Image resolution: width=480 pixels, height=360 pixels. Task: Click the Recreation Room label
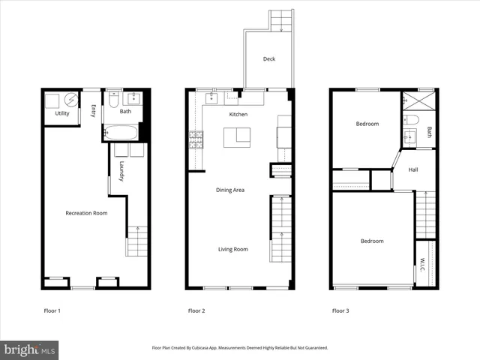86,213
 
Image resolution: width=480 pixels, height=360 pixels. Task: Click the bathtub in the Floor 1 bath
121,133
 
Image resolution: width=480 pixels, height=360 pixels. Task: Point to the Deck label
268,59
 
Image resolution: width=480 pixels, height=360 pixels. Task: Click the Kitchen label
238,114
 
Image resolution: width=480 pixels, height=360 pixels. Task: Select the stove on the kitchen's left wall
196,139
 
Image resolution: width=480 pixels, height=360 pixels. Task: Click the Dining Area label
231,190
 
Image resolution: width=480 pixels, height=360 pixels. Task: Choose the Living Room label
232,249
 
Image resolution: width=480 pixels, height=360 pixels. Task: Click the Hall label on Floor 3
413,170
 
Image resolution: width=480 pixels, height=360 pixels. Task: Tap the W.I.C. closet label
422,264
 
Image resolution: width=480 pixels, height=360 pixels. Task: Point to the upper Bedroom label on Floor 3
367,124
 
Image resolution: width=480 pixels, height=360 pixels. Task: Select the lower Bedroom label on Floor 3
372,241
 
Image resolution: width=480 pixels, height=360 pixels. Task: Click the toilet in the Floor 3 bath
411,120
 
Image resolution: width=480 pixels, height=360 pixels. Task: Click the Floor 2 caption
196,310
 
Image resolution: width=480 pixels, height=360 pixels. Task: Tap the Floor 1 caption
52,310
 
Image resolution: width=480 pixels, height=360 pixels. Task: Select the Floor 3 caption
340,310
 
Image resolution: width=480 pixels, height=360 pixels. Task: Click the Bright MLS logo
30,349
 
